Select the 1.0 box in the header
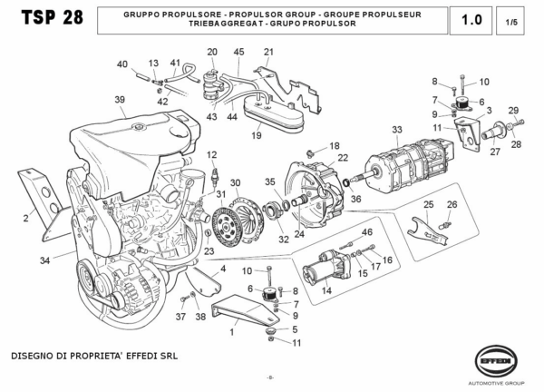[x=471, y=19]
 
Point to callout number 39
[x=119, y=99]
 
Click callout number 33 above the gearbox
[x=396, y=130]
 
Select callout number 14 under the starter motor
[x=326, y=291]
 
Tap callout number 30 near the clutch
[x=235, y=182]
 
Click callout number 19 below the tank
[x=257, y=136]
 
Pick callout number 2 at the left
[x=25, y=218]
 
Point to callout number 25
[x=429, y=204]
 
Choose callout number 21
[x=268, y=53]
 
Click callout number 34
[x=44, y=260]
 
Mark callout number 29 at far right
[x=513, y=110]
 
